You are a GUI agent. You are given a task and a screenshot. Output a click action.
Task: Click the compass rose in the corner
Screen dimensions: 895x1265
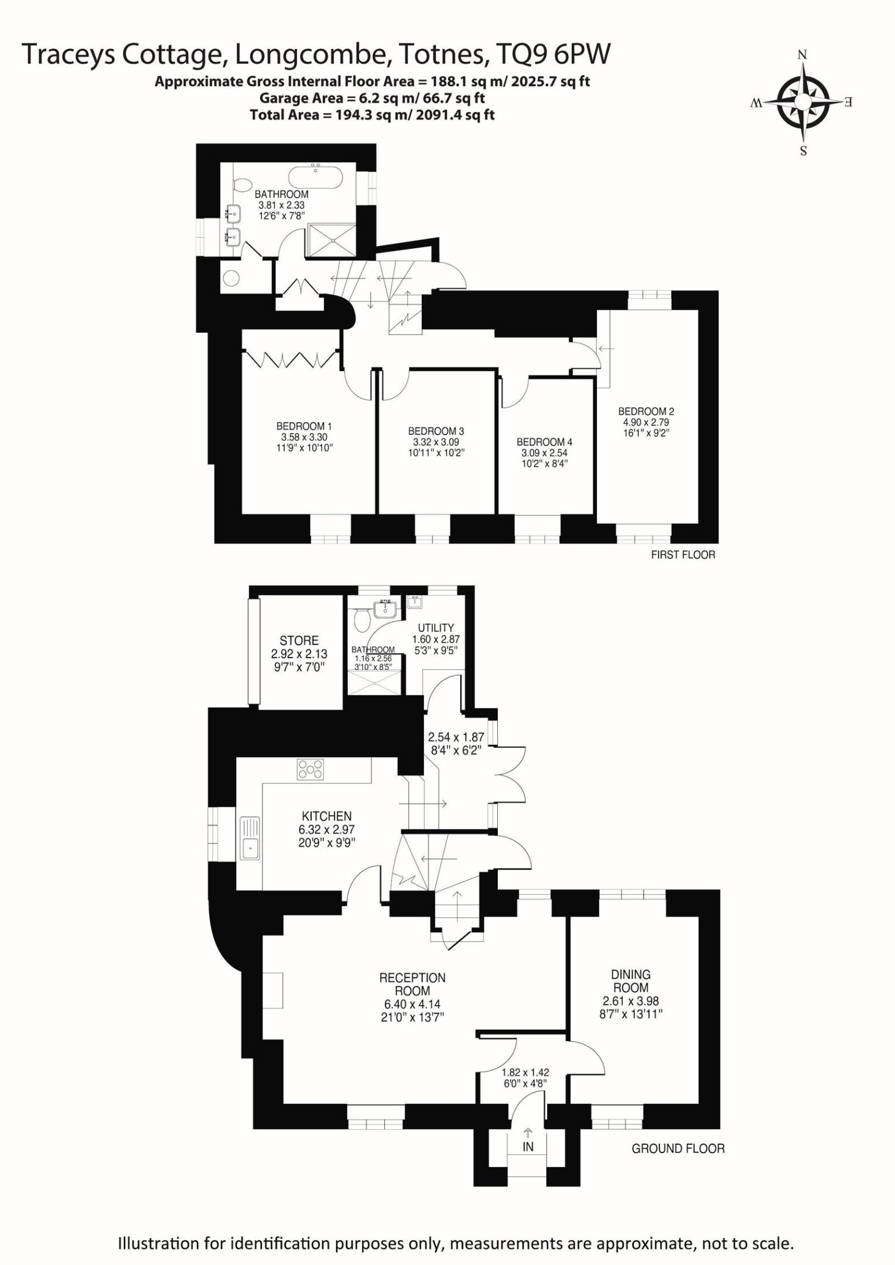[x=802, y=102]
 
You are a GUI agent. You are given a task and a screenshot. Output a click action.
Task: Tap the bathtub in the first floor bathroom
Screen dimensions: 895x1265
[x=316, y=177]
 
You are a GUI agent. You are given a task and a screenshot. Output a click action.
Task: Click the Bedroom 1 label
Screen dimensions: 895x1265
[x=304, y=426]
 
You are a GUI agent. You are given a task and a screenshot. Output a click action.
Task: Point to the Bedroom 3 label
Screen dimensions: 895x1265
[x=436, y=431]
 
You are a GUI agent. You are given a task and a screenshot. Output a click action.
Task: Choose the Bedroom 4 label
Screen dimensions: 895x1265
[x=544, y=442]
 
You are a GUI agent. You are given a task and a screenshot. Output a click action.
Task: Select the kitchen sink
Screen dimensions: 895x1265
[x=250, y=839]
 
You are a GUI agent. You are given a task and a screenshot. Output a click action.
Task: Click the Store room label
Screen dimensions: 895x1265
[x=299, y=641]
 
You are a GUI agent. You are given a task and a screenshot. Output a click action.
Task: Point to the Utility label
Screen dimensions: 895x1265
[x=436, y=628]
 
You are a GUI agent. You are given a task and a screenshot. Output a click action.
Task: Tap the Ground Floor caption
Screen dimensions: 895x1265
[x=678, y=1149]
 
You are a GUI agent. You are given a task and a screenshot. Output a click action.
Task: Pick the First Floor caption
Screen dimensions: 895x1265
[x=683, y=555]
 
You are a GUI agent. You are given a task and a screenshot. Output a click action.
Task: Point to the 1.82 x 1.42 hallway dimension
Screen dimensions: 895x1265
[x=525, y=1073]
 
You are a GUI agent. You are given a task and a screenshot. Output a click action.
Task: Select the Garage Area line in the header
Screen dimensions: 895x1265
[x=372, y=98]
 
